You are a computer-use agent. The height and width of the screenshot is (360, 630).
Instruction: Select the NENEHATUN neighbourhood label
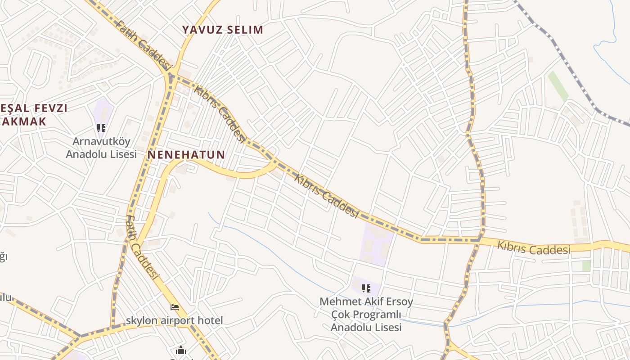[186, 155]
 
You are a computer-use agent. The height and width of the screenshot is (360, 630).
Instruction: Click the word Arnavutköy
[101, 141]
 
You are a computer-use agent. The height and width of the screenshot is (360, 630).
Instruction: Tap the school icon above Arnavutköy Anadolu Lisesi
[101, 128]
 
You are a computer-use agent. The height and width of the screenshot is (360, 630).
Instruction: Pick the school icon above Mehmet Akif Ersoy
[366, 288]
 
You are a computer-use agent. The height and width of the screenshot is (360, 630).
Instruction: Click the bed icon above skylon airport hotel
[175, 308]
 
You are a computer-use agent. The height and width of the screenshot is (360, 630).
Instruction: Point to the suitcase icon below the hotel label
[180, 350]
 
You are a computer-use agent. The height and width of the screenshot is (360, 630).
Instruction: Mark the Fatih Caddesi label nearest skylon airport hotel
[143, 247]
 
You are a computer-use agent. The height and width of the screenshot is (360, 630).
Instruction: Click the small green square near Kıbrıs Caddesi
[586, 265]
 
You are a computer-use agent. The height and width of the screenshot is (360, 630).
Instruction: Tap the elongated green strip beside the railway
[558, 85]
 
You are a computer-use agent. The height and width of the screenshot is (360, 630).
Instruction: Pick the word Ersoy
[397, 301]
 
